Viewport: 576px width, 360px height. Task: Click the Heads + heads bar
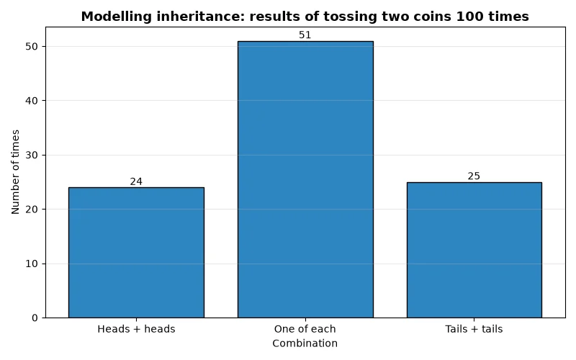[x=136, y=253]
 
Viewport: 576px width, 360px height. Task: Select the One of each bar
[x=305, y=179]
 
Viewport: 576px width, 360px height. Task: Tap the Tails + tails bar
[x=474, y=250]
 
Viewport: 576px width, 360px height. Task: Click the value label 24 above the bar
[x=136, y=181]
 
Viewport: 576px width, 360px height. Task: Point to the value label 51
[x=305, y=35]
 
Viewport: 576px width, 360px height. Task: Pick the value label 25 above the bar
[x=474, y=176]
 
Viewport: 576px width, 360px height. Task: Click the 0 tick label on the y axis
[x=35, y=318]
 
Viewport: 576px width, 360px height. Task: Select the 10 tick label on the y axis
[x=32, y=264]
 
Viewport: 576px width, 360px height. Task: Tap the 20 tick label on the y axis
[x=32, y=210]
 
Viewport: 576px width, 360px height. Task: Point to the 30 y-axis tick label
[x=32, y=155]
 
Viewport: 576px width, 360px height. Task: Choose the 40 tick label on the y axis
[x=32, y=101]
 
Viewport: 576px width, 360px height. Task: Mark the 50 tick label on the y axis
[x=32, y=47]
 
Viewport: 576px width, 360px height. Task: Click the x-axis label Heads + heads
[x=136, y=329]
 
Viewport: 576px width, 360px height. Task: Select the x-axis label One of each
[x=305, y=329]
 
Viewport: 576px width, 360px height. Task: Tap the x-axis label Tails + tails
[x=474, y=329]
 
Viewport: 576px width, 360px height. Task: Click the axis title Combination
[x=305, y=343]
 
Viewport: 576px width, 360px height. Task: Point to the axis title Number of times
[x=15, y=172]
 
